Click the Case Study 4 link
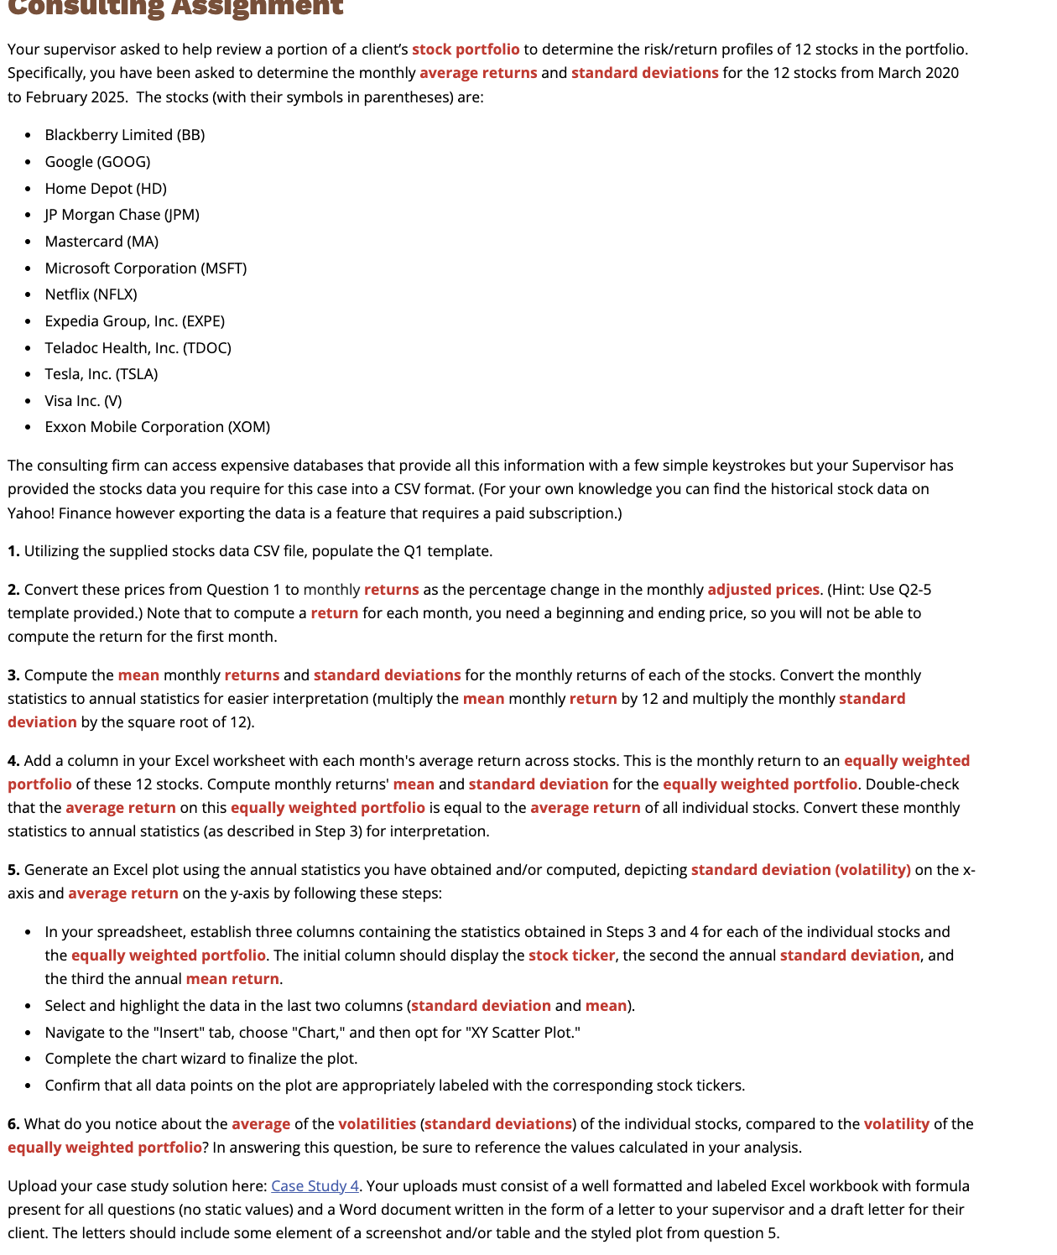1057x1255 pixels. tap(315, 1186)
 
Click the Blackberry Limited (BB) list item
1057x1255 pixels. tap(125, 135)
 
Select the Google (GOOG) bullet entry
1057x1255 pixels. tap(97, 162)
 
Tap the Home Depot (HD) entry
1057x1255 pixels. tap(106, 189)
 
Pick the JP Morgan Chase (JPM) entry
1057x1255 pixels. tap(122, 215)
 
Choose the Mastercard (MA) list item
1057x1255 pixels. tap(102, 242)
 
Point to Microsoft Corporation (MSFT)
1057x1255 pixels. tap(146, 268)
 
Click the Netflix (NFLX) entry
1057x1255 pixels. tap(91, 294)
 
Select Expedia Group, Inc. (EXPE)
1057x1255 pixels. tap(134, 321)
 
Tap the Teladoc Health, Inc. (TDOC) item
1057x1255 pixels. tap(138, 348)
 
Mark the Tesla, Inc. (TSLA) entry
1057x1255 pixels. tap(102, 374)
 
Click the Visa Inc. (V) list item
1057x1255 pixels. tap(83, 401)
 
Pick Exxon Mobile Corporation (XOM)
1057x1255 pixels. tap(157, 427)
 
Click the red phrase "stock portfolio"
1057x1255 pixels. tap(466, 49)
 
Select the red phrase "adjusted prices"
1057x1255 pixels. tap(763, 590)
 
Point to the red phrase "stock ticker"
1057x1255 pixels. tap(571, 956)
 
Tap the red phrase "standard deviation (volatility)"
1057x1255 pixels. tap(800, 870)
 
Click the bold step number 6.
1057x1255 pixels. tap(13, 1124)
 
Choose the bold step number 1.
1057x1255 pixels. tap(13, 551)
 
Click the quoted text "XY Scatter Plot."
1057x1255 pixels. tap(524, 1033)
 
